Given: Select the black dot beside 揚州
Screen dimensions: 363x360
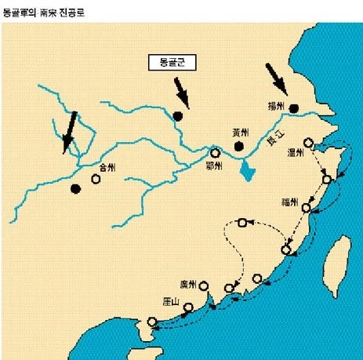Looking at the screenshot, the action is [x=295, y=109].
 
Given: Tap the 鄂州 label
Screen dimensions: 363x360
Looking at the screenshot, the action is [x=213, y=165].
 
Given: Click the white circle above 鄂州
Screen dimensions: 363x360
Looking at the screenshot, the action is [x=215, y=153].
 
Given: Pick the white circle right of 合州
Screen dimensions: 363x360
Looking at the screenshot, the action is [x=96, y=179].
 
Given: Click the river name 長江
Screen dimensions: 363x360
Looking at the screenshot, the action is [x=275, y=140].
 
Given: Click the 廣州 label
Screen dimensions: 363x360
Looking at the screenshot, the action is [x=187, y=284].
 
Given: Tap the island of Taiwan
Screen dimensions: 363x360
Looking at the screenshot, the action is [x=338, y=260].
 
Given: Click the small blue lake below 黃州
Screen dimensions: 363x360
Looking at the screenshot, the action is [x=249, y=170].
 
